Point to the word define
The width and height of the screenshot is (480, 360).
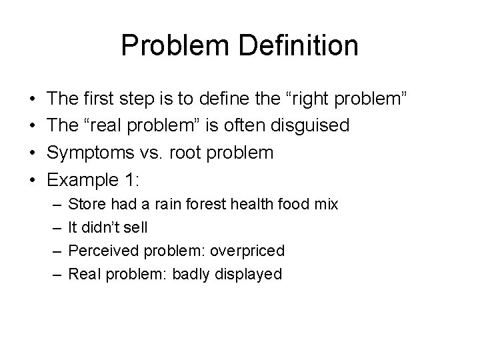(225, 101)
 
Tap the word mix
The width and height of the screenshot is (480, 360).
(326, 204)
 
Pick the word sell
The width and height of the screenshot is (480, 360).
(135, 227)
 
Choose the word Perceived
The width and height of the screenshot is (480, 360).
(101, 251)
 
